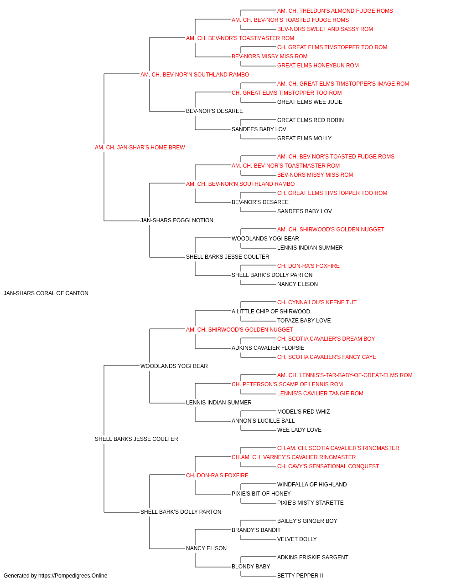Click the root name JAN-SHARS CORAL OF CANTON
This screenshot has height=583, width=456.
click(x=46, y=293)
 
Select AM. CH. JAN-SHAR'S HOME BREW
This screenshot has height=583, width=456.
click(x=140, y=148)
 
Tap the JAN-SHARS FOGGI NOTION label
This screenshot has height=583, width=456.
click(x=177, y=220)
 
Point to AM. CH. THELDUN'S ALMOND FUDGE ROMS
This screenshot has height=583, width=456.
click(x=335, y=11)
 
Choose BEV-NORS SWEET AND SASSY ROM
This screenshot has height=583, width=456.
click(x=325, y=29)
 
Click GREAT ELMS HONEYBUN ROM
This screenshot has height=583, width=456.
click(x=318, y=66)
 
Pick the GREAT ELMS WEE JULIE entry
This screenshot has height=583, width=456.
click(x=310, y=102)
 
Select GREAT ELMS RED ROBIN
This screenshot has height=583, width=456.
click(x=311, y=120)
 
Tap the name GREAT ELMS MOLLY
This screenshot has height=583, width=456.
click(x=304, y=138)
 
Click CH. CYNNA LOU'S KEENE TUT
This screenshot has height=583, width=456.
click(x=316, y=302)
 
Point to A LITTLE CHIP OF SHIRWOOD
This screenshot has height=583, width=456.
click(x=271, y=312)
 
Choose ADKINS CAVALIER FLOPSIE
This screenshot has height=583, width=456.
click(x=268, y=348)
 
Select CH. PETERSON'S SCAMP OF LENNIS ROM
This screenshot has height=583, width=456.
click(x=287, y=384)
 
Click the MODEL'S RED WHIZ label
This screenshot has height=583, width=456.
click(x=303, y=412)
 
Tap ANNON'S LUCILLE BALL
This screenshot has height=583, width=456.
click(x=263, y=421)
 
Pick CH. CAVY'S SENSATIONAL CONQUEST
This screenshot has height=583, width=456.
click(x=328, y=466)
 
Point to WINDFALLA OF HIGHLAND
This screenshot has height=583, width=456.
click(x=312, y=485)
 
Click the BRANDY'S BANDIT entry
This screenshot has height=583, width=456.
click(x=256, y=530)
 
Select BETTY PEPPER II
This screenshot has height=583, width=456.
click(x=300, y=576)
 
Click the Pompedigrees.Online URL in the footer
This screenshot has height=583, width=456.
click(x=73, y=576)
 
